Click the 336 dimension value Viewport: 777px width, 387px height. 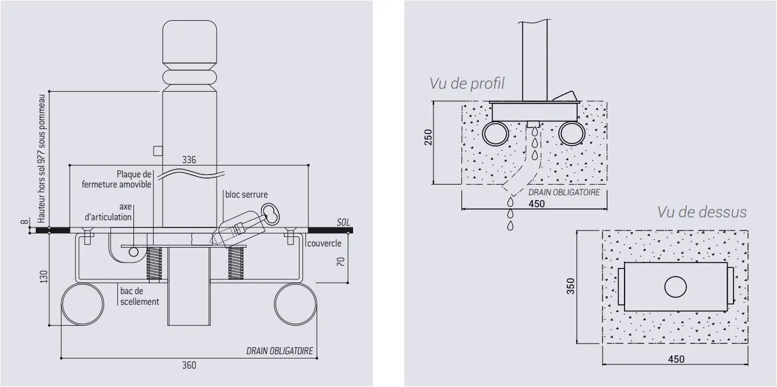pyautogui.click(x=188, y=160)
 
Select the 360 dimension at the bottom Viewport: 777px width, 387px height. pyautogui.click(x=188, y=365)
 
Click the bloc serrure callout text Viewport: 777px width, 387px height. pyautogui.click(x=246, y=194)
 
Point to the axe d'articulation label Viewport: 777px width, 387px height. pyautogui.click(x=108, y=212)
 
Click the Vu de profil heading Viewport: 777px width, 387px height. pyautogui.click(x=467, y=83)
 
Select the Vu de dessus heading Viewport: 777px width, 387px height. pyautogui.click(x=701, y=211)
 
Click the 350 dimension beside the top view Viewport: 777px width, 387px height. pyautogui.click(x=570, y=286)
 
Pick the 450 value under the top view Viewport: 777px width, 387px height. pyautogui.click(x=676, y=359)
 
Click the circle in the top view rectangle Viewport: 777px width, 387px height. pyautogui.click(x=675, y=288)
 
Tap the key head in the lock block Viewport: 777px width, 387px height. pyautogui.click(x=270, y=214)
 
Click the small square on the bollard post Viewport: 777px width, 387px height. pyautogui.click(x=158, y=151)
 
